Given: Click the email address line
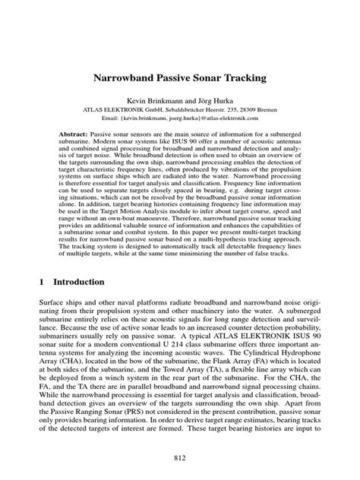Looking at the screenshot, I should tap(180, 118).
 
